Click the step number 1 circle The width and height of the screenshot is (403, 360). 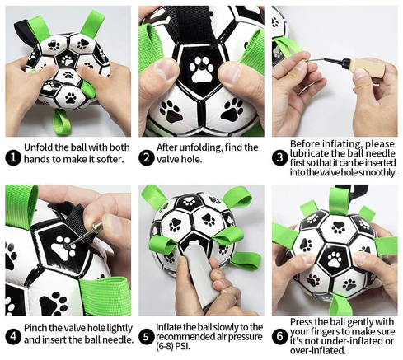pos(13,158)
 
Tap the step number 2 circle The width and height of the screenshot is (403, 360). pos(147,158)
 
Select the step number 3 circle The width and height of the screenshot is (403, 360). pos(280,158)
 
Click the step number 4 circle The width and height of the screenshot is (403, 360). pos(13,336)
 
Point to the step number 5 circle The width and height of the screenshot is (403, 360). pos(146,336)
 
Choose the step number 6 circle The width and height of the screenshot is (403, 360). pos(280,336)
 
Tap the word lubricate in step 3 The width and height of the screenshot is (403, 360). pos(308,153)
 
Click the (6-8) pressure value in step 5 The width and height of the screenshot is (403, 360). pos(165,346)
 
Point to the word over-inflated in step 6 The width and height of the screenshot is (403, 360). pos(317,350)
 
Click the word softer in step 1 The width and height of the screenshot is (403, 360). pos(109,159)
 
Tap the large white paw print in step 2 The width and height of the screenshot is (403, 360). pos(201,69)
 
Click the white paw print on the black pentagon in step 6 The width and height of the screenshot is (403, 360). pos(335,259)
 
